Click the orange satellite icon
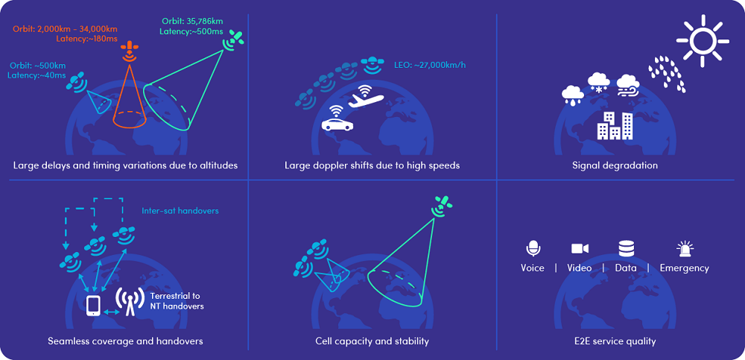coord(128,51)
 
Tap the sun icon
coord(703,40)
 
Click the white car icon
coord(337,124)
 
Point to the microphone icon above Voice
coord(533,249)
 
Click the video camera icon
coord(580,248)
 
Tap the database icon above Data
coord(626,249)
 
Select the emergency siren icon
coord(685,249)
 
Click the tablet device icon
coord(93,306)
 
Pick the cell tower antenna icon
coord(130,302)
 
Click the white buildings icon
coord(615,125)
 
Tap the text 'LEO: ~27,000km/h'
coord(428,65)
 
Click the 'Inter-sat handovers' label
coord(180,211)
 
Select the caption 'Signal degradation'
coord(615,165)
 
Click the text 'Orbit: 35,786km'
coord(192,21)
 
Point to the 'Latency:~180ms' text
coord(86,39)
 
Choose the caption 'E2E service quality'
coord(615,341)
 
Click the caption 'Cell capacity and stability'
coord(372,341)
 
